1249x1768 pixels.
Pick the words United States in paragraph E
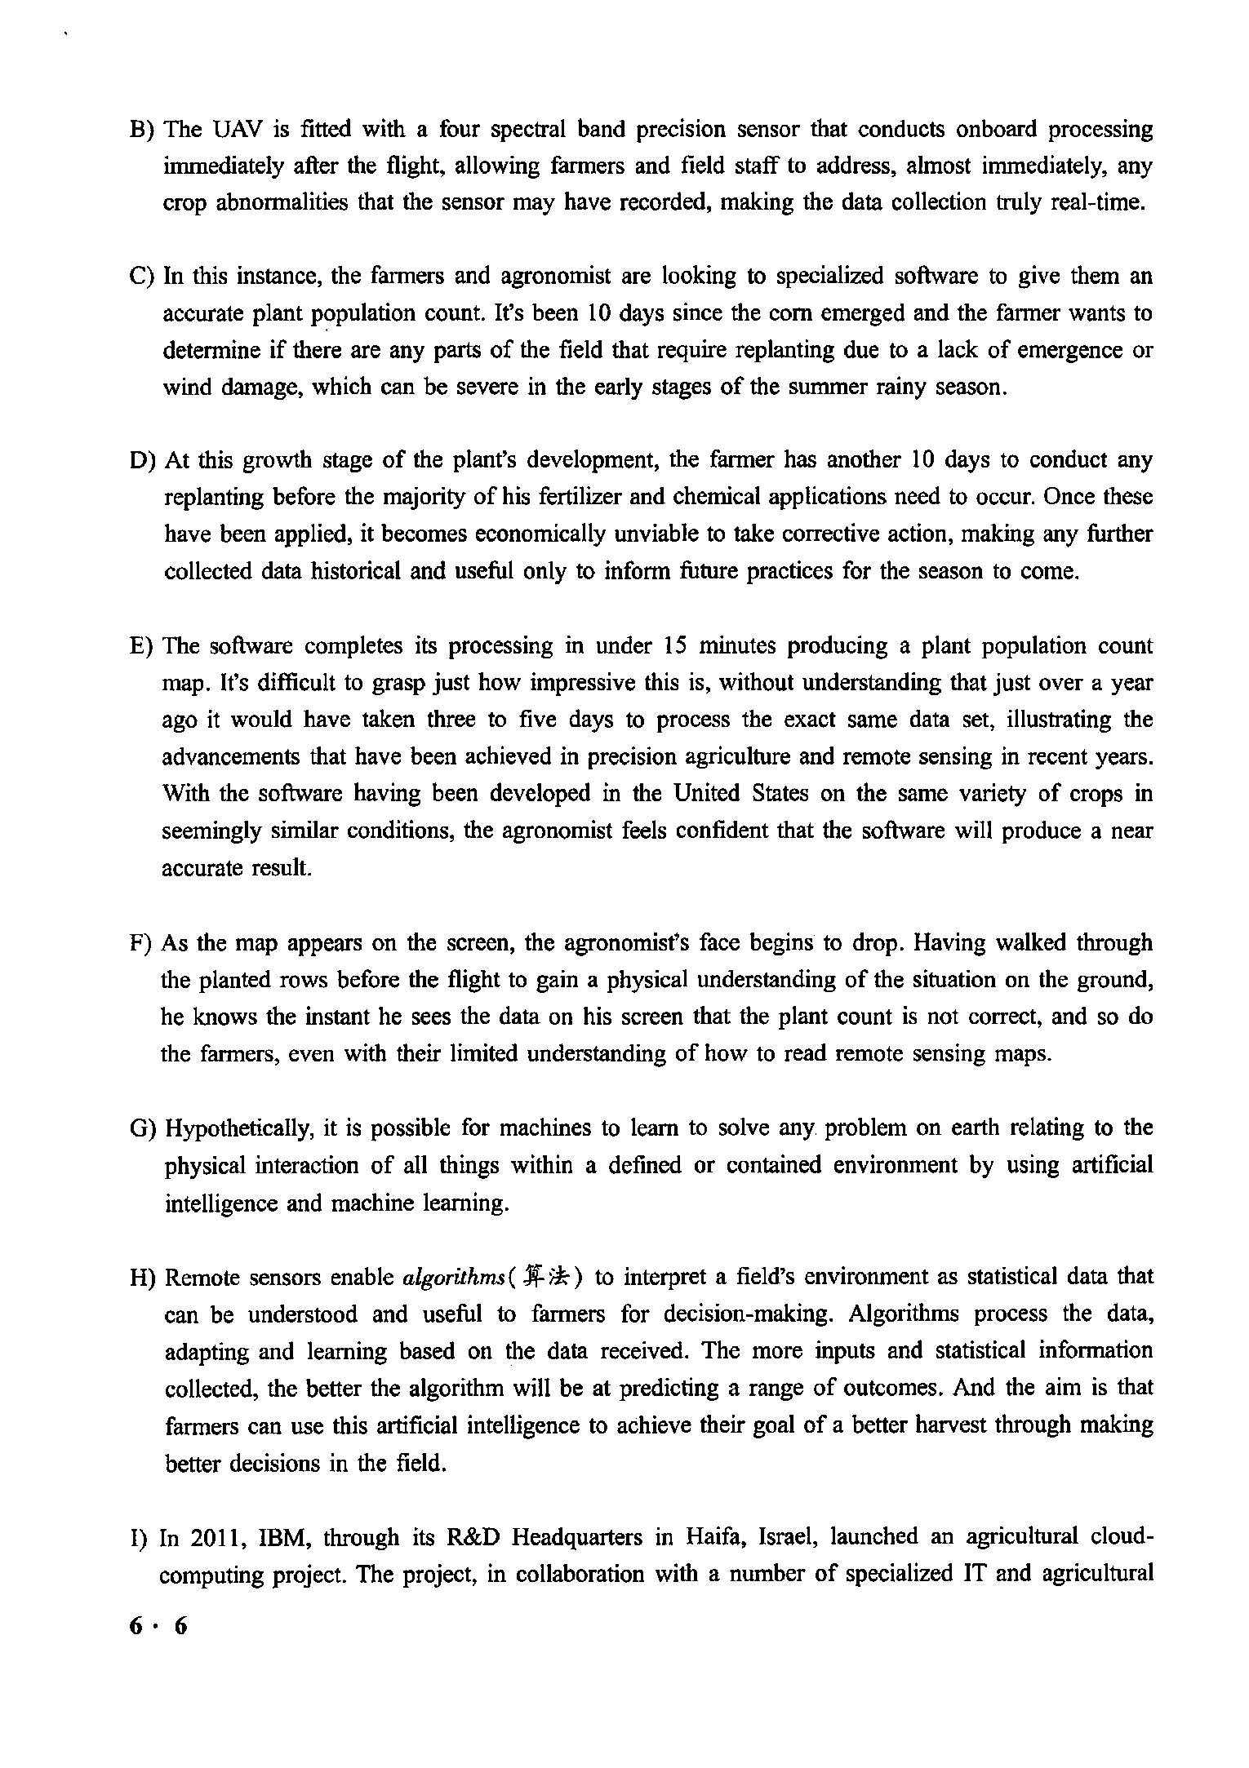pyautogui.click(x=725, y=794)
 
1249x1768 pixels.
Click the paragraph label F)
pyautogui.click(x=141, y=944)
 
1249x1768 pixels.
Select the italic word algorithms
pyautogui.click(x=451, y=1278)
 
